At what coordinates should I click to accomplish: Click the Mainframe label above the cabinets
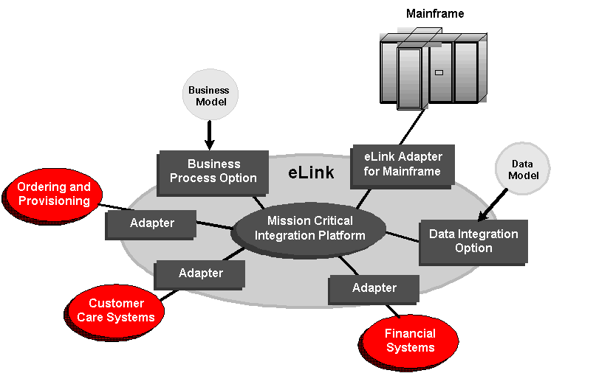435,14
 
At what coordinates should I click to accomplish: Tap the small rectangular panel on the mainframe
439,72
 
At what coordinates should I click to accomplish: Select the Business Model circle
210,95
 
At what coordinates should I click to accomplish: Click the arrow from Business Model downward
209,135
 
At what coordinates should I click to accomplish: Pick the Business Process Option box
213,172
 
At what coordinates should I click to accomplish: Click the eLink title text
311,172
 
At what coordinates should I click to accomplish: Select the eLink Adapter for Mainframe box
403,166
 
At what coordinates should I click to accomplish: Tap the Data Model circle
523,169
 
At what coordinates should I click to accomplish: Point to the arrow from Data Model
492,205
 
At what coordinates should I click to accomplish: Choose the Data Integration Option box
473,242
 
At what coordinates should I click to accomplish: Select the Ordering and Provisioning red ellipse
53,195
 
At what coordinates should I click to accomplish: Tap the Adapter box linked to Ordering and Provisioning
151,225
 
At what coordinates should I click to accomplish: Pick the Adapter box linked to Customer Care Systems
199,275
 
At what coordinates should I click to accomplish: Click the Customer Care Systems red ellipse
114,312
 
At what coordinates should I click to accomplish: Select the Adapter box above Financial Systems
374,290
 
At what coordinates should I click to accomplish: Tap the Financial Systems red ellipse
409,343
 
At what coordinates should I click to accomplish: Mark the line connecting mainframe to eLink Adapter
412,127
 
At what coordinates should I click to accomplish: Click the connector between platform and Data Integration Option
403,237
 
